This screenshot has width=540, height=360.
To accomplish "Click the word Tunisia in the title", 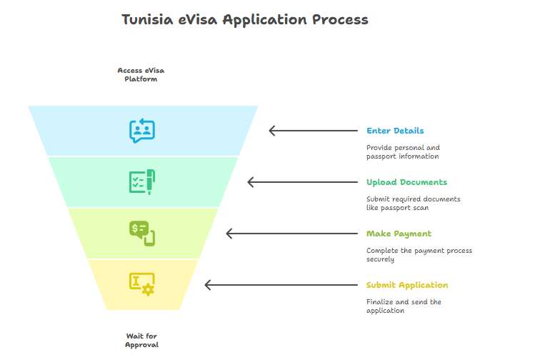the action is [147, 19].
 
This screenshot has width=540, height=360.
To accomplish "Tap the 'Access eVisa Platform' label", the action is [141, 75].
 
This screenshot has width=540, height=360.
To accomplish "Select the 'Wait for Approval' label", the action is [141, 341].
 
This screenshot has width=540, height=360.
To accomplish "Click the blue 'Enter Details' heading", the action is [395, 131].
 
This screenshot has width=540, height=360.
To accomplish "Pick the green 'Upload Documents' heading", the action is [406, 182].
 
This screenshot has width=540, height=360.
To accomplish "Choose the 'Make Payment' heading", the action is [399, 234].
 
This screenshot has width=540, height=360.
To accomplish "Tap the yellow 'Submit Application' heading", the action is [407, 285].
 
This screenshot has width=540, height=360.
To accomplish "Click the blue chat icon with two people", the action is [142, 131].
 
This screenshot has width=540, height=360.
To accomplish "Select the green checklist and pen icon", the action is [142, 182].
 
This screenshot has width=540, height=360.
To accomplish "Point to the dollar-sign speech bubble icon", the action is [142, 234].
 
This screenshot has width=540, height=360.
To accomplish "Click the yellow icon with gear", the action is [142, 284].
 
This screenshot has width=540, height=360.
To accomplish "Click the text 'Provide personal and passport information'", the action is [403, 152].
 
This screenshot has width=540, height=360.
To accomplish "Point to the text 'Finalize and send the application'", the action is [404, 306].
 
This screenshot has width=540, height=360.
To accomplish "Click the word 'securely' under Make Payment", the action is [380, 259].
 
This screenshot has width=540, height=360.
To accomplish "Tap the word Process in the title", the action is [340, 19].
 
